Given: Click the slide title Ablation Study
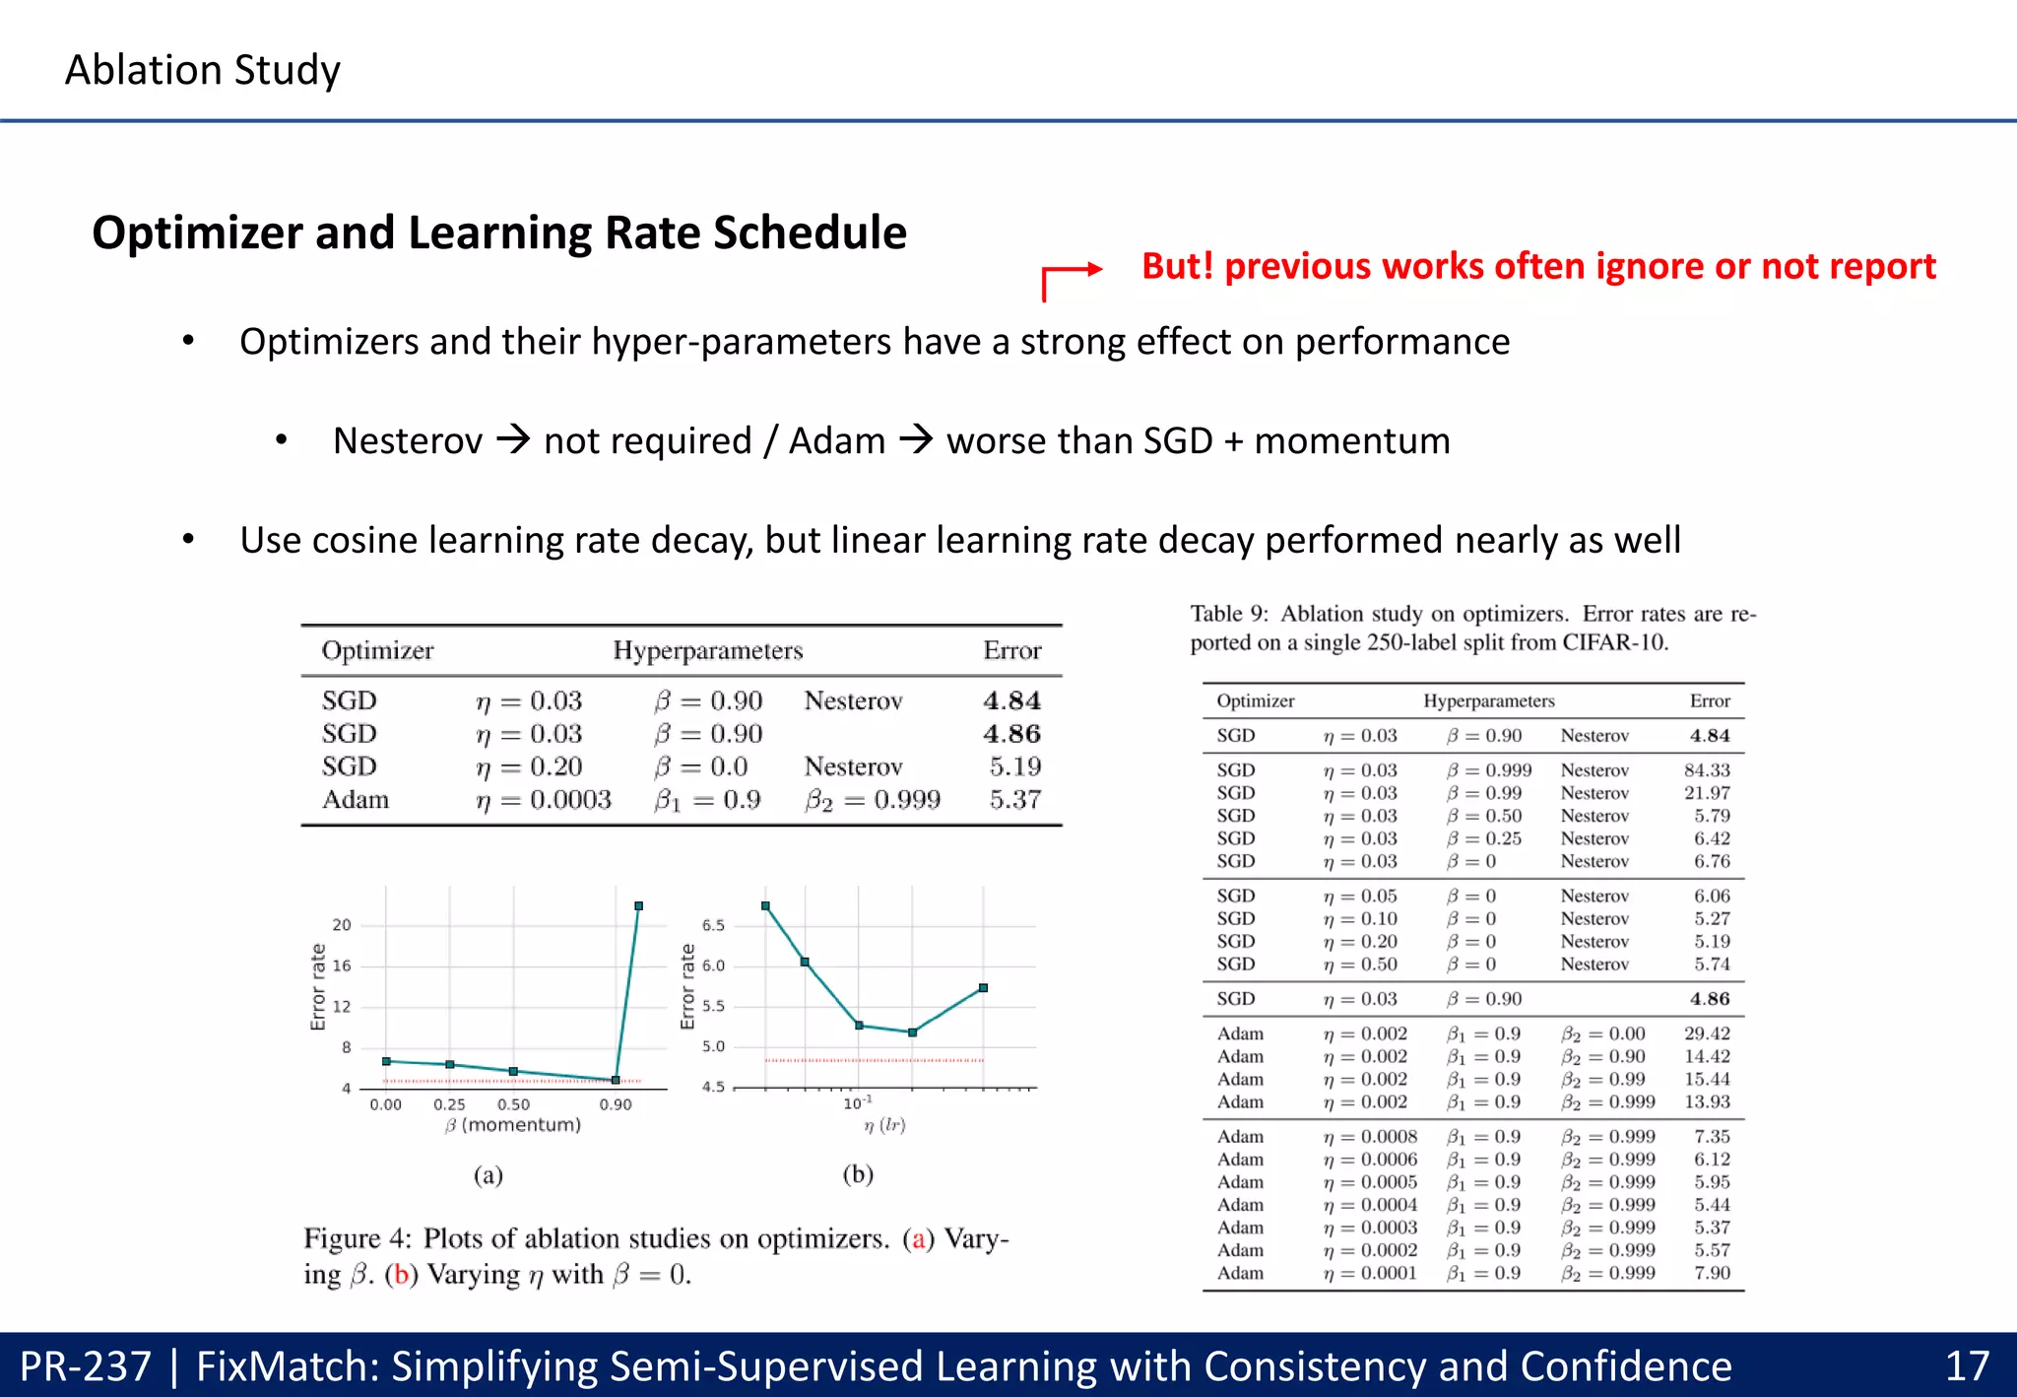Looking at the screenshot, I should pos(202,70).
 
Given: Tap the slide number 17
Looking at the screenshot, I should pos(1967,1366).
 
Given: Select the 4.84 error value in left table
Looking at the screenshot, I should pos(1011,700).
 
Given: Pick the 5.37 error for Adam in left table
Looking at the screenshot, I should pos(1014,799).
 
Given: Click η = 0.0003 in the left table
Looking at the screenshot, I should pos(543,799).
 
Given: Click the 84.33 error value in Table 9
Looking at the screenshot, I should pos(1706,769).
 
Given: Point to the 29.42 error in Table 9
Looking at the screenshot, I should pos(1706,1033).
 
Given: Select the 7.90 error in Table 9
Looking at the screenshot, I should pos(1712,1273).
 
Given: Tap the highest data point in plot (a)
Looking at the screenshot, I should pos(639,905).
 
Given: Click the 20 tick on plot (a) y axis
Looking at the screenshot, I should pos(341,925).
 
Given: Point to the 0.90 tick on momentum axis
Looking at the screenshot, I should pos(616,1104).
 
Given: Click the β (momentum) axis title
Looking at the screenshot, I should pos(513,1125).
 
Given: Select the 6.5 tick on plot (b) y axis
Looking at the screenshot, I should pos(713,925).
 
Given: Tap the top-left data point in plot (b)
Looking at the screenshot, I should pos(765,905).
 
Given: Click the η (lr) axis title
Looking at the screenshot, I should pos(884,1125).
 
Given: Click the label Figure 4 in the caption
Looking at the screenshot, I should pos(357,1238).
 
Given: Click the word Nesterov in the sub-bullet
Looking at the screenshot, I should pos(408,440).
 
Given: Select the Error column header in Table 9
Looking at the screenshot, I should pos(1709,700).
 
